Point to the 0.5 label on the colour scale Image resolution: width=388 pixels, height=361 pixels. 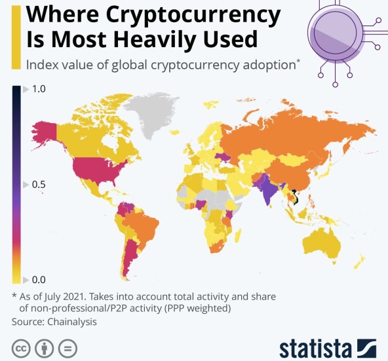39,184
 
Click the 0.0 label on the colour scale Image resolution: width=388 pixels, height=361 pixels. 39,279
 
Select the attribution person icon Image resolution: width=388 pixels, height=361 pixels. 44,347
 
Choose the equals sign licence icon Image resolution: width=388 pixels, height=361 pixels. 68,347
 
